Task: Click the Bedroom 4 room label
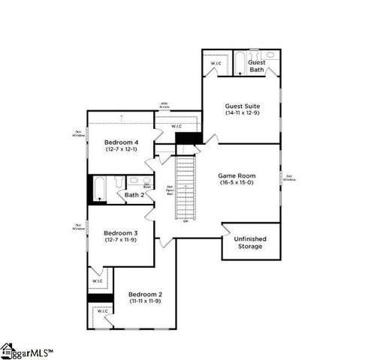120,142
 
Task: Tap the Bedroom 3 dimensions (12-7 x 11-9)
120,239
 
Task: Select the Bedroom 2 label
146,293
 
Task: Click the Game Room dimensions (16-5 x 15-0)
237,182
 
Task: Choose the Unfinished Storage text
250,241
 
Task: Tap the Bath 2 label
134,195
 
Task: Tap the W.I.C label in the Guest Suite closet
216,64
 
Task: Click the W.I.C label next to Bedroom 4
176,126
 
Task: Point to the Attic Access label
164,106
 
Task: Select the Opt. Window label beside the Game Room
288,178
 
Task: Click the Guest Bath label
257,66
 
